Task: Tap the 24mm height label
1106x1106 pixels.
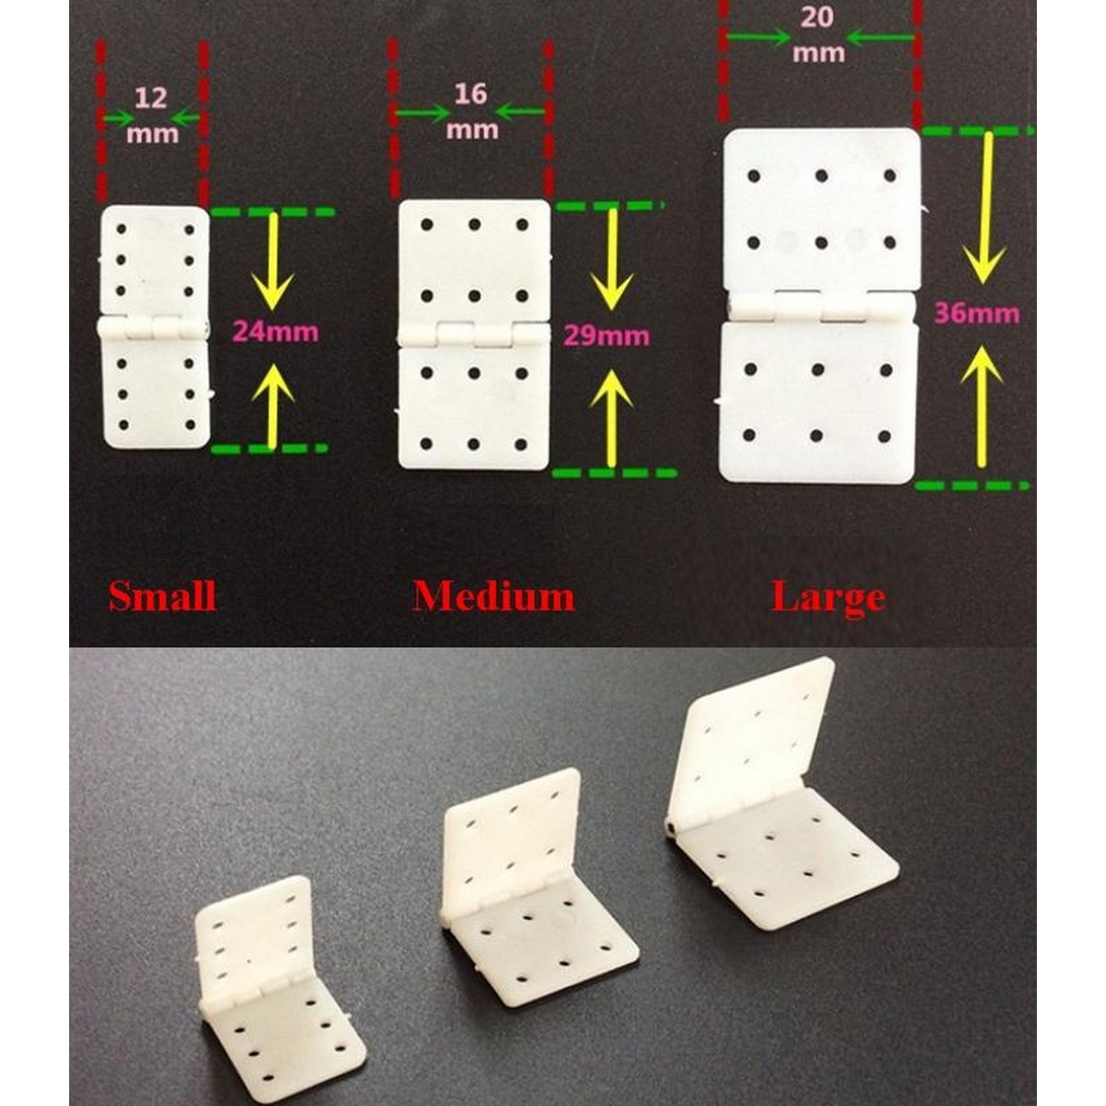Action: (276, 333)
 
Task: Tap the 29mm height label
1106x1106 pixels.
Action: (606, 335)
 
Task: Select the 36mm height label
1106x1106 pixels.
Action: (978, 313)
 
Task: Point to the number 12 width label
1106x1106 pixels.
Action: (151, 98)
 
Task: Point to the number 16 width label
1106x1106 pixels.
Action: (471, 94)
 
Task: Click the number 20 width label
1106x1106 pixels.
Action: (818, 18)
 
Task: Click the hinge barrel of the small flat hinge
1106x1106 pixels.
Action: (153, 328)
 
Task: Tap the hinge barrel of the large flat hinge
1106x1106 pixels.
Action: (821, 304)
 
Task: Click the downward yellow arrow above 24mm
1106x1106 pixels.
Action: (272, 261)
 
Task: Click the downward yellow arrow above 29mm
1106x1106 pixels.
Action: (612, 259)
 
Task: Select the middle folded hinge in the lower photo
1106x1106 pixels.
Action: (537, 866)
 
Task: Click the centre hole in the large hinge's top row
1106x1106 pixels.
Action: (822, 176)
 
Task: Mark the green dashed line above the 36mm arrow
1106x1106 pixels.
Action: (977, 131)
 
